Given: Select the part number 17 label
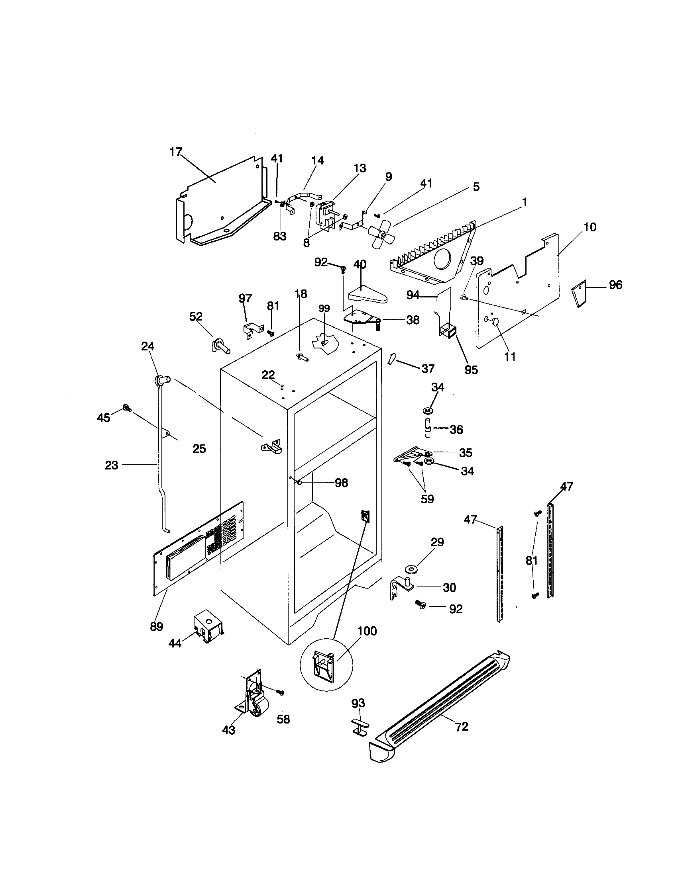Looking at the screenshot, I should click(x=176, y=152).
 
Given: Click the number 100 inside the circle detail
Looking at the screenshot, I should click(x=367, y=631).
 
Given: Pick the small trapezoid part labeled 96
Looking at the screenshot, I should click(x=578, y=294).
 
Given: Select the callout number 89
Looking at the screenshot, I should click(x=157, y=626).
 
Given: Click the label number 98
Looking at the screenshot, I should click(x=341, y=483).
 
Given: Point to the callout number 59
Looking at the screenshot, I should click(x=427, y=499).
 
